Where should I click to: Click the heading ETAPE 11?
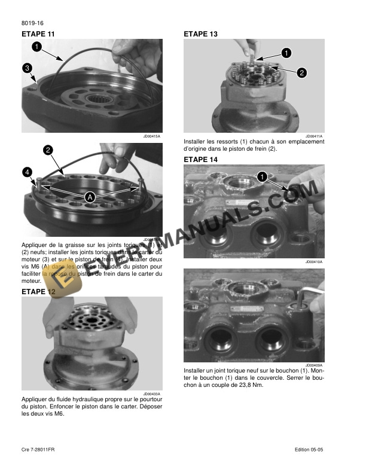coord(38,34)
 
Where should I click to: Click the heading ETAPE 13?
coord(200,34)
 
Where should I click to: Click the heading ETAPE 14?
coord(200,160)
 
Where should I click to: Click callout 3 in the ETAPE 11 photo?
coord(28,68)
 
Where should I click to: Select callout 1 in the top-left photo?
coord(36,45)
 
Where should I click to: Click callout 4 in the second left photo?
coord(28,172)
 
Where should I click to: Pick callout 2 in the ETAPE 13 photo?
coord(301,73)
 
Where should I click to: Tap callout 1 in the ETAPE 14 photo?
coord(261,176)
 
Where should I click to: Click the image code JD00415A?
coord(152,136)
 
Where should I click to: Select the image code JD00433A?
coord(152,393)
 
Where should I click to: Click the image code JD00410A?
coord(314,262)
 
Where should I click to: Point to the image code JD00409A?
coord(314,365)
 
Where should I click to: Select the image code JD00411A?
coord(314,136)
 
